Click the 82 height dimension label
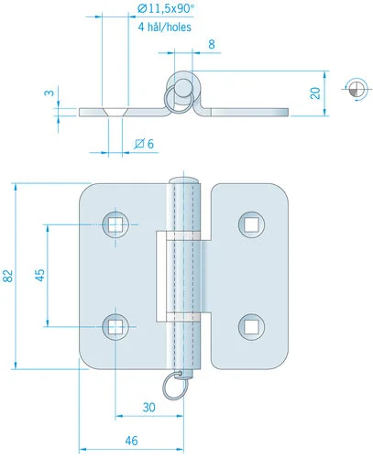point(8,276)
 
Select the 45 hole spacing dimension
point(39,275)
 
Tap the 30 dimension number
point(148,407)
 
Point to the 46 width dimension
point(131,441)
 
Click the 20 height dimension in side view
point(315,93)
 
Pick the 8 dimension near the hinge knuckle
point(212,44)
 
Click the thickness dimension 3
point(49,93)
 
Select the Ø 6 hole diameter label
point(144,144)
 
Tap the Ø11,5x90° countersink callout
point(166,9)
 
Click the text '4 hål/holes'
point(165,27)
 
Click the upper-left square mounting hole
point(115,224)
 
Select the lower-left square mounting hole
point(115,327)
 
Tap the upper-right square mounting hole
point(251,224)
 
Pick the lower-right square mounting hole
point(251,327)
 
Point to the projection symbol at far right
point(357,89)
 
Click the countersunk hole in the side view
point(115,112)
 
